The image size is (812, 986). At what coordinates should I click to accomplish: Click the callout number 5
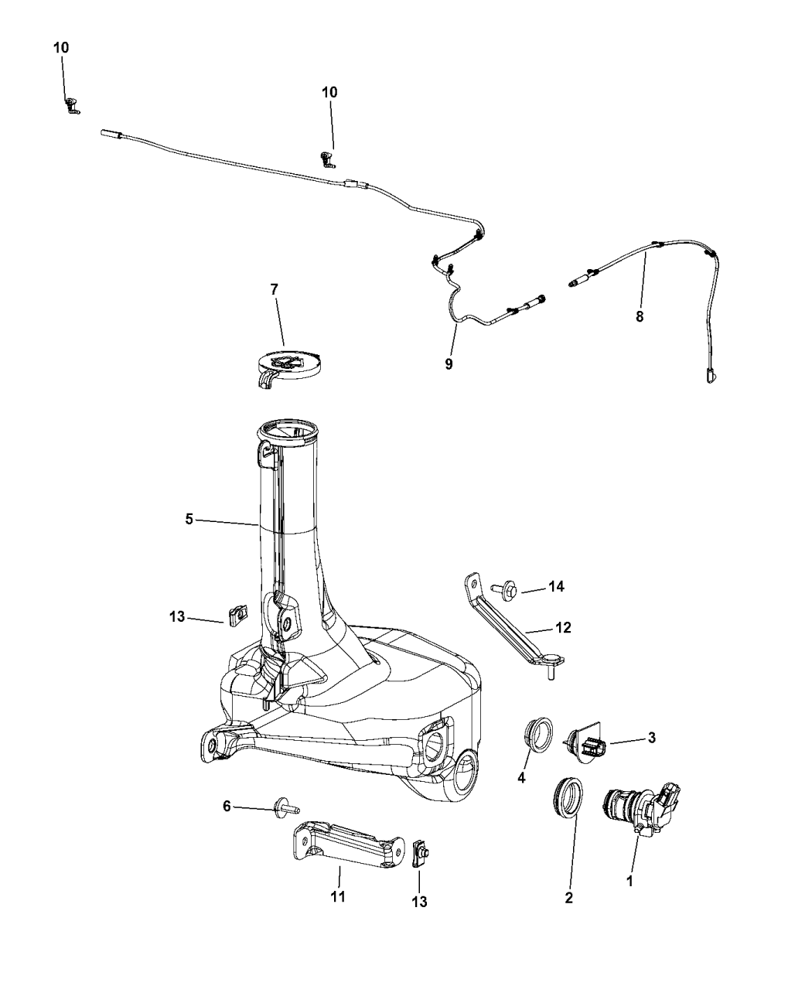click(x=189, y=520)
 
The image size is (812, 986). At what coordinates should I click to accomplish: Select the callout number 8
click(x=640, y=316)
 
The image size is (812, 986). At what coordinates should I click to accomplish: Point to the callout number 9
click(x=449, y=364)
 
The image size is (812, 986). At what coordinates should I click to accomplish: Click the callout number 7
click(x=275, y=289)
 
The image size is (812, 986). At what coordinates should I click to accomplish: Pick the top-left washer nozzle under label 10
click(x=72, y=106)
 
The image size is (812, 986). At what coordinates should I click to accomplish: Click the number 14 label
click(x=557, y=586)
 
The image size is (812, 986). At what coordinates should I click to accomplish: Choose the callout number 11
click(x=338, y=896)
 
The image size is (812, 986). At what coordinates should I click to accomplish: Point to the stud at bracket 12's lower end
click(x=551, y=673)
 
